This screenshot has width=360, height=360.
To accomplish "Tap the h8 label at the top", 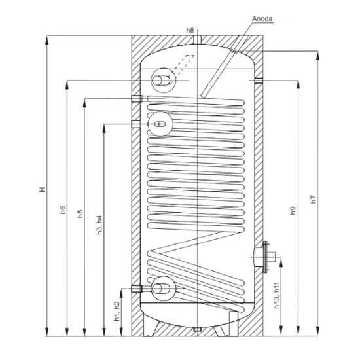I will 190,30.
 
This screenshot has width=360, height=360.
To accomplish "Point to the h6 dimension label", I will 63,210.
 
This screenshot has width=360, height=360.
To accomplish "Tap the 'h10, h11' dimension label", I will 277,297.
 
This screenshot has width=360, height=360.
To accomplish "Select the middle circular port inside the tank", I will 160,122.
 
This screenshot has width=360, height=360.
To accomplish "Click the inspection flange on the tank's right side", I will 264,256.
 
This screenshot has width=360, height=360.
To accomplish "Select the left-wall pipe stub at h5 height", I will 136,99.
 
